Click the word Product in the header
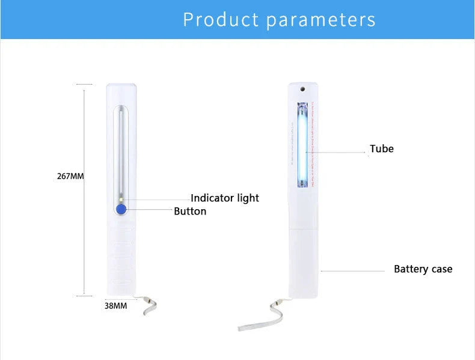pyautogui.click(x=221, y=19)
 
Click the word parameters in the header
pyautogui.click(x=320, y=19)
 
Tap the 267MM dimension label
pyautogui.click(x=70, y=176)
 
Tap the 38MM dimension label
pyautogui.click(x=116, y=305)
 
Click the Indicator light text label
pyautogui.click(x=225, y=198)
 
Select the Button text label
pyautogui.click(x=190, y=211)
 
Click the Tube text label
pyautogui.click(x=382, y=148)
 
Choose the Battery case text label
pyautogui.click(x=423, y=269)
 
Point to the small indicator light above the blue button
pyautogui.click(x=121, y=199)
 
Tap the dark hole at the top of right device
pyautogui.click(x=302, y=89)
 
